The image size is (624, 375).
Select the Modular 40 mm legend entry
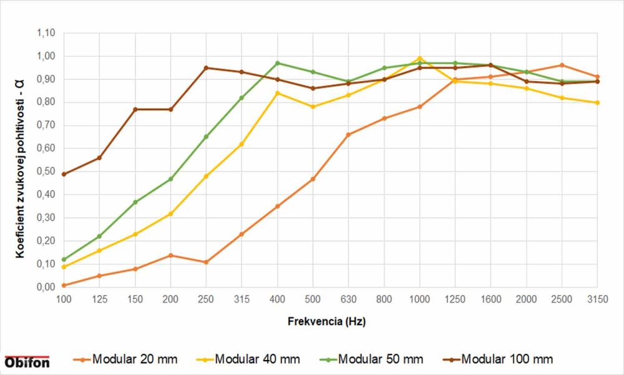coord(253,359)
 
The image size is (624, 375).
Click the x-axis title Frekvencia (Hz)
coord(326,322)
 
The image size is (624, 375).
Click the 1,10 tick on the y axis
coord(46,33)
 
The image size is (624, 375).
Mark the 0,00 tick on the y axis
coord(46,287)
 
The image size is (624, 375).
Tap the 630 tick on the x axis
coord(348,300)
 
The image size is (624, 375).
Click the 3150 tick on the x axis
coord(597,300)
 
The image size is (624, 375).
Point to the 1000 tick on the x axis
coord(419,300)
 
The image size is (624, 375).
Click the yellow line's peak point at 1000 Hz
coord(419,59)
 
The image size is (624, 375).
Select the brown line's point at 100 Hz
coord(64,174)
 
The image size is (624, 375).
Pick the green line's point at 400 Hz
coord(277,63)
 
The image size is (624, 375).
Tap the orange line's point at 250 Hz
coord(206,262)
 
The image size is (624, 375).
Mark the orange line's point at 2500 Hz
coord(562,65)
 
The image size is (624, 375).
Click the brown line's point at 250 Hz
coord(206,67)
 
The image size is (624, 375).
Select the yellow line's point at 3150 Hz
coord(597,102)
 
